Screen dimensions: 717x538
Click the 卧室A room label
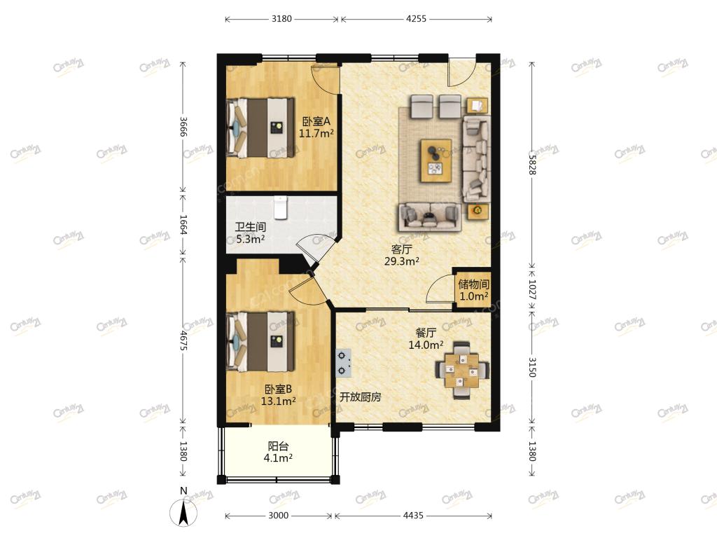point(316,121)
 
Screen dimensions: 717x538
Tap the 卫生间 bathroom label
point(250,227)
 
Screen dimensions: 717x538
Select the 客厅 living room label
point(401,249)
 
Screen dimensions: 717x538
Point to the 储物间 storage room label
point(474,284)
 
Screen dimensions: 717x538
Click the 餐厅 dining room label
point(425,333)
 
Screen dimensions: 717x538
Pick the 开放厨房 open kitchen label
point(361,397)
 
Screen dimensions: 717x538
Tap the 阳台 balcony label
point(278,446)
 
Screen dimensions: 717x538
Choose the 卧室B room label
point(278,389)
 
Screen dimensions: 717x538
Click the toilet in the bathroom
point(280,207)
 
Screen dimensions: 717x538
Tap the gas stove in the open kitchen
point(343,364)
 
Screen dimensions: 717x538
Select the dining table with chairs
point(462,370)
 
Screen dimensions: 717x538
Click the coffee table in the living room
point(436,160)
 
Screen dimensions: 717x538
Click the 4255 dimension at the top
point(416,19)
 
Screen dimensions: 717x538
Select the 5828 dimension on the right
point(532,164)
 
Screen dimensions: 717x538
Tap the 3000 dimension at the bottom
point(278,516)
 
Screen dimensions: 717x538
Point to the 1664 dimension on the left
point(183,225)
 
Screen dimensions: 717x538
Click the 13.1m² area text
point(278,401)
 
